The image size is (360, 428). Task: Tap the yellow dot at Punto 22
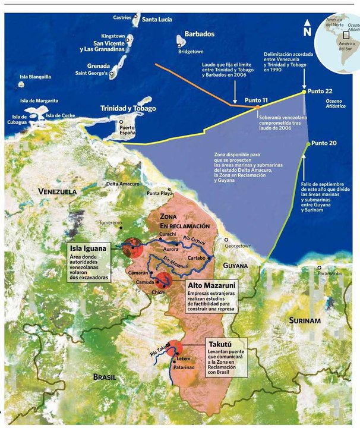(304, 92)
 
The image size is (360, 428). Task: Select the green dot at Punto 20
(307, 144)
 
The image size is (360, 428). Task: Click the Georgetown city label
(238, 246)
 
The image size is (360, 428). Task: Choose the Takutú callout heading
(221, 344)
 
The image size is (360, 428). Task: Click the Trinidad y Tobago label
(128, 109)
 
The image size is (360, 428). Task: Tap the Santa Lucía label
(157, 20)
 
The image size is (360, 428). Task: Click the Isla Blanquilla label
(35, 77)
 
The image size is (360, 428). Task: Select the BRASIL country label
(106, 377)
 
